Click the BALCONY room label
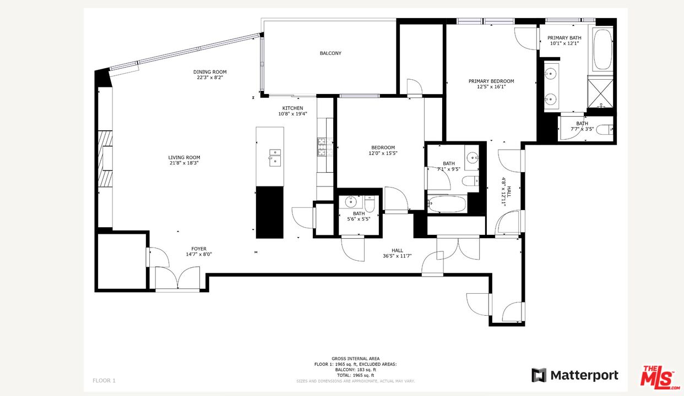click(330, 53)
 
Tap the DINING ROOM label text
click(210, 72)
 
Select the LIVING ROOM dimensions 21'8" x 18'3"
click(184, 163)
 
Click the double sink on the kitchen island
click(275, 158)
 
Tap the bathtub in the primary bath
click(602, 50)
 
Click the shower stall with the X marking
click(600, 94)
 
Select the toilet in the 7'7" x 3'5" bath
click(605, 130)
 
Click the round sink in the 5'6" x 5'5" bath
click(351, 201)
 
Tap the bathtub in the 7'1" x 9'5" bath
click(447, 204)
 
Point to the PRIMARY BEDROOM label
click(491, 81)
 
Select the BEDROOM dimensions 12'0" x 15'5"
click(383, 153)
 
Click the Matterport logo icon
click(539, 375)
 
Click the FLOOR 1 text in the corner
click(104, 381)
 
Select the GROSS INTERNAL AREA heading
click(355, 359)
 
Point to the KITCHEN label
click(292, 108)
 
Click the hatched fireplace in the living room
click(105, 159)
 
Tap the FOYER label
click(199, 249)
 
